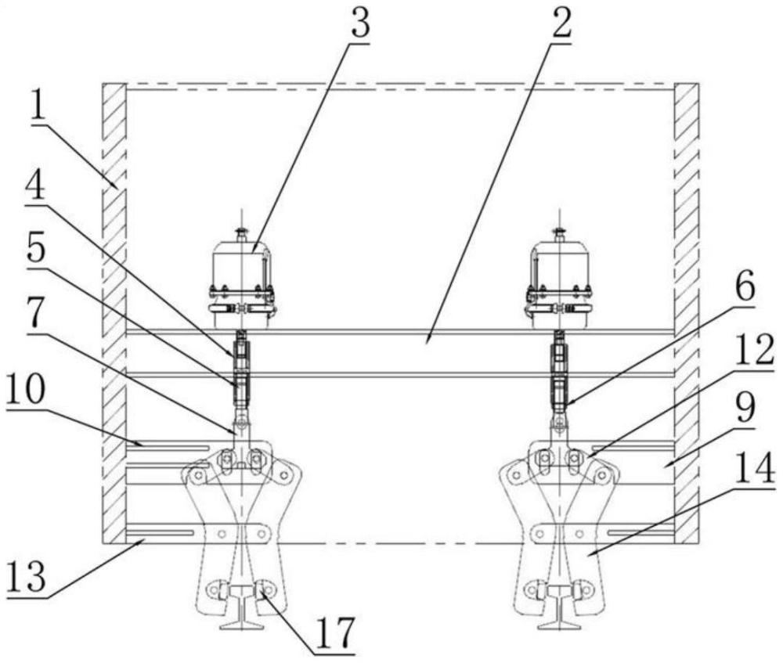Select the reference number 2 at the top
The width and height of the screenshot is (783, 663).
(560, 25)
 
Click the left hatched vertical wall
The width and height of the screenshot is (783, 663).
(114, 313)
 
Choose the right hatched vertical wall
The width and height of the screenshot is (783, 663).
(687, 313)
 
